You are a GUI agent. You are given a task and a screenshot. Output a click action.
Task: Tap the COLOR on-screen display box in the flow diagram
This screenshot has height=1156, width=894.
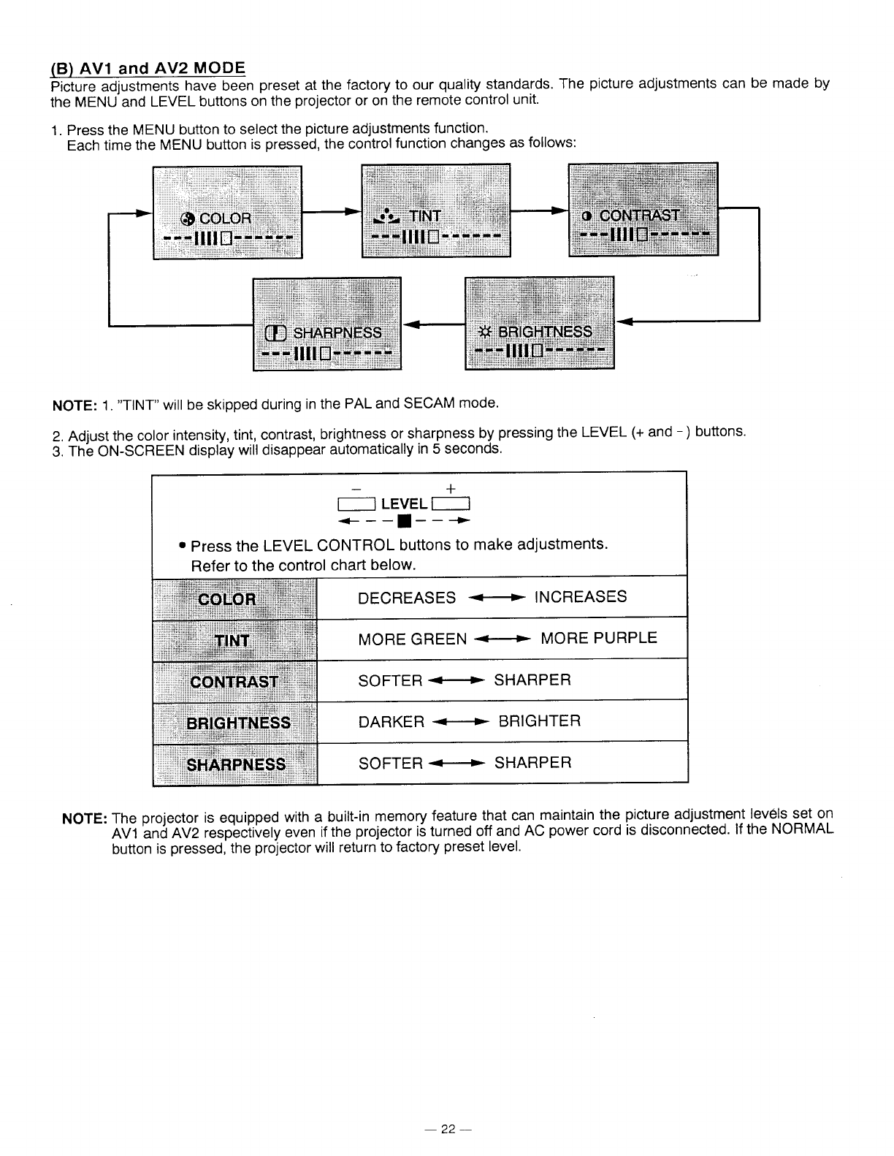coord(227,212)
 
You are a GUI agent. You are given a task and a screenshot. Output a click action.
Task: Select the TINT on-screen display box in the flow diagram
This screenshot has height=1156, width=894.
coord(435,210)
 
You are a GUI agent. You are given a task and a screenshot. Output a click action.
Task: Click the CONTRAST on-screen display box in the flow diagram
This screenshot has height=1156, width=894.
coord(643,210)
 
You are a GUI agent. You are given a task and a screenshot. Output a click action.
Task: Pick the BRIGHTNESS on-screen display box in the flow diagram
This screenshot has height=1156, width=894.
coord(539,323)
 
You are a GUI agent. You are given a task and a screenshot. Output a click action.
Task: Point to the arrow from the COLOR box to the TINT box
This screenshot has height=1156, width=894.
coord(332,212)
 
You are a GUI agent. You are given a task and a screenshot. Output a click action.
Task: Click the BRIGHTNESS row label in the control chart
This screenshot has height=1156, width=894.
coord(238,723)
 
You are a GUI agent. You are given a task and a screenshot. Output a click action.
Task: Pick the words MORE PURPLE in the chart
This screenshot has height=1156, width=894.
coord(598,639)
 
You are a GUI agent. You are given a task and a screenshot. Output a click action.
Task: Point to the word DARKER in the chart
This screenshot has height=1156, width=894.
coord(391,722)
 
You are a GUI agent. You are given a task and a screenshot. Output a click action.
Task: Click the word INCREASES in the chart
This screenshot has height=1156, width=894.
coord(581,597)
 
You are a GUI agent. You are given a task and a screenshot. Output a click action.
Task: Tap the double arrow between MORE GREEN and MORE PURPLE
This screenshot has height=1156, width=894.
coord(503,640)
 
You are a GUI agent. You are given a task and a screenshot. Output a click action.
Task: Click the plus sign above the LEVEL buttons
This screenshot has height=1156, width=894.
coord(450,488)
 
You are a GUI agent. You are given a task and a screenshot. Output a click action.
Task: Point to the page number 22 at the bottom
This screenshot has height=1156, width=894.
coord(447,1129)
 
